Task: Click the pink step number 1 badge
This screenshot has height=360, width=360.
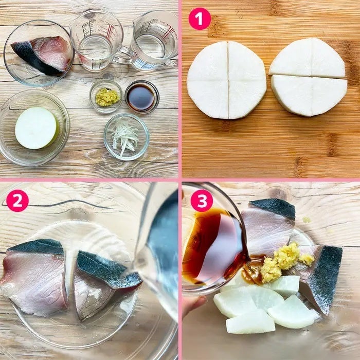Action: (x=200, y=19)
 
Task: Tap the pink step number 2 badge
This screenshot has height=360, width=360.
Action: (x=17, y=201)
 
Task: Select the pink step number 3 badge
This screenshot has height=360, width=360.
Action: (x=202, y=201)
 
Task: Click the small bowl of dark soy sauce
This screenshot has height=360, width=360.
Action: (x=142, y=97)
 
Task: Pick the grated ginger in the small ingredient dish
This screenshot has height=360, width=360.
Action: (x=107, y=97)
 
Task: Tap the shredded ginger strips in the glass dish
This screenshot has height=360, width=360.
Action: (x=124, y=136)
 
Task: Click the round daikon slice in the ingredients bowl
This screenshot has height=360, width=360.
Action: (x=37, y=128)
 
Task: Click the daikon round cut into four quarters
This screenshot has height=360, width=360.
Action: (x=226, y=80)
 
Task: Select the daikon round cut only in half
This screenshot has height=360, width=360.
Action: (x=309, y=77)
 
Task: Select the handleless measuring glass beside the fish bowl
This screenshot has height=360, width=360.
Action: (x=97, y=40)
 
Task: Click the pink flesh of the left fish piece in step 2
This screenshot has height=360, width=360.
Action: (x=34, y=282)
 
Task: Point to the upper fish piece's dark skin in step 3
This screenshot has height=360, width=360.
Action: (x=273, y=208)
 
